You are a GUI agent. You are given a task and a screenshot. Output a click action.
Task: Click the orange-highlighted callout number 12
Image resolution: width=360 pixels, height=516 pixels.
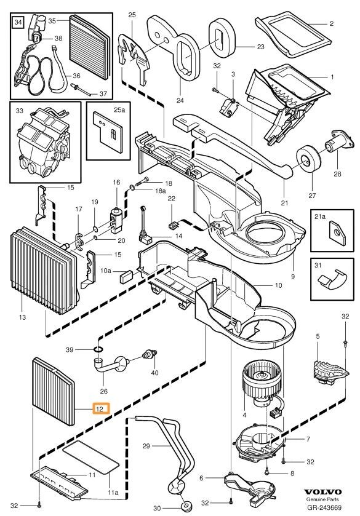click(x=100, y=408)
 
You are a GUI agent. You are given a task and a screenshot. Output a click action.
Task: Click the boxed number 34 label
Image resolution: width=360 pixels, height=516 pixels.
click(x=18, y=23)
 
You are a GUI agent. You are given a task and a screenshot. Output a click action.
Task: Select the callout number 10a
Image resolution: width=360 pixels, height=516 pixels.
click(x=106, y=271)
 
